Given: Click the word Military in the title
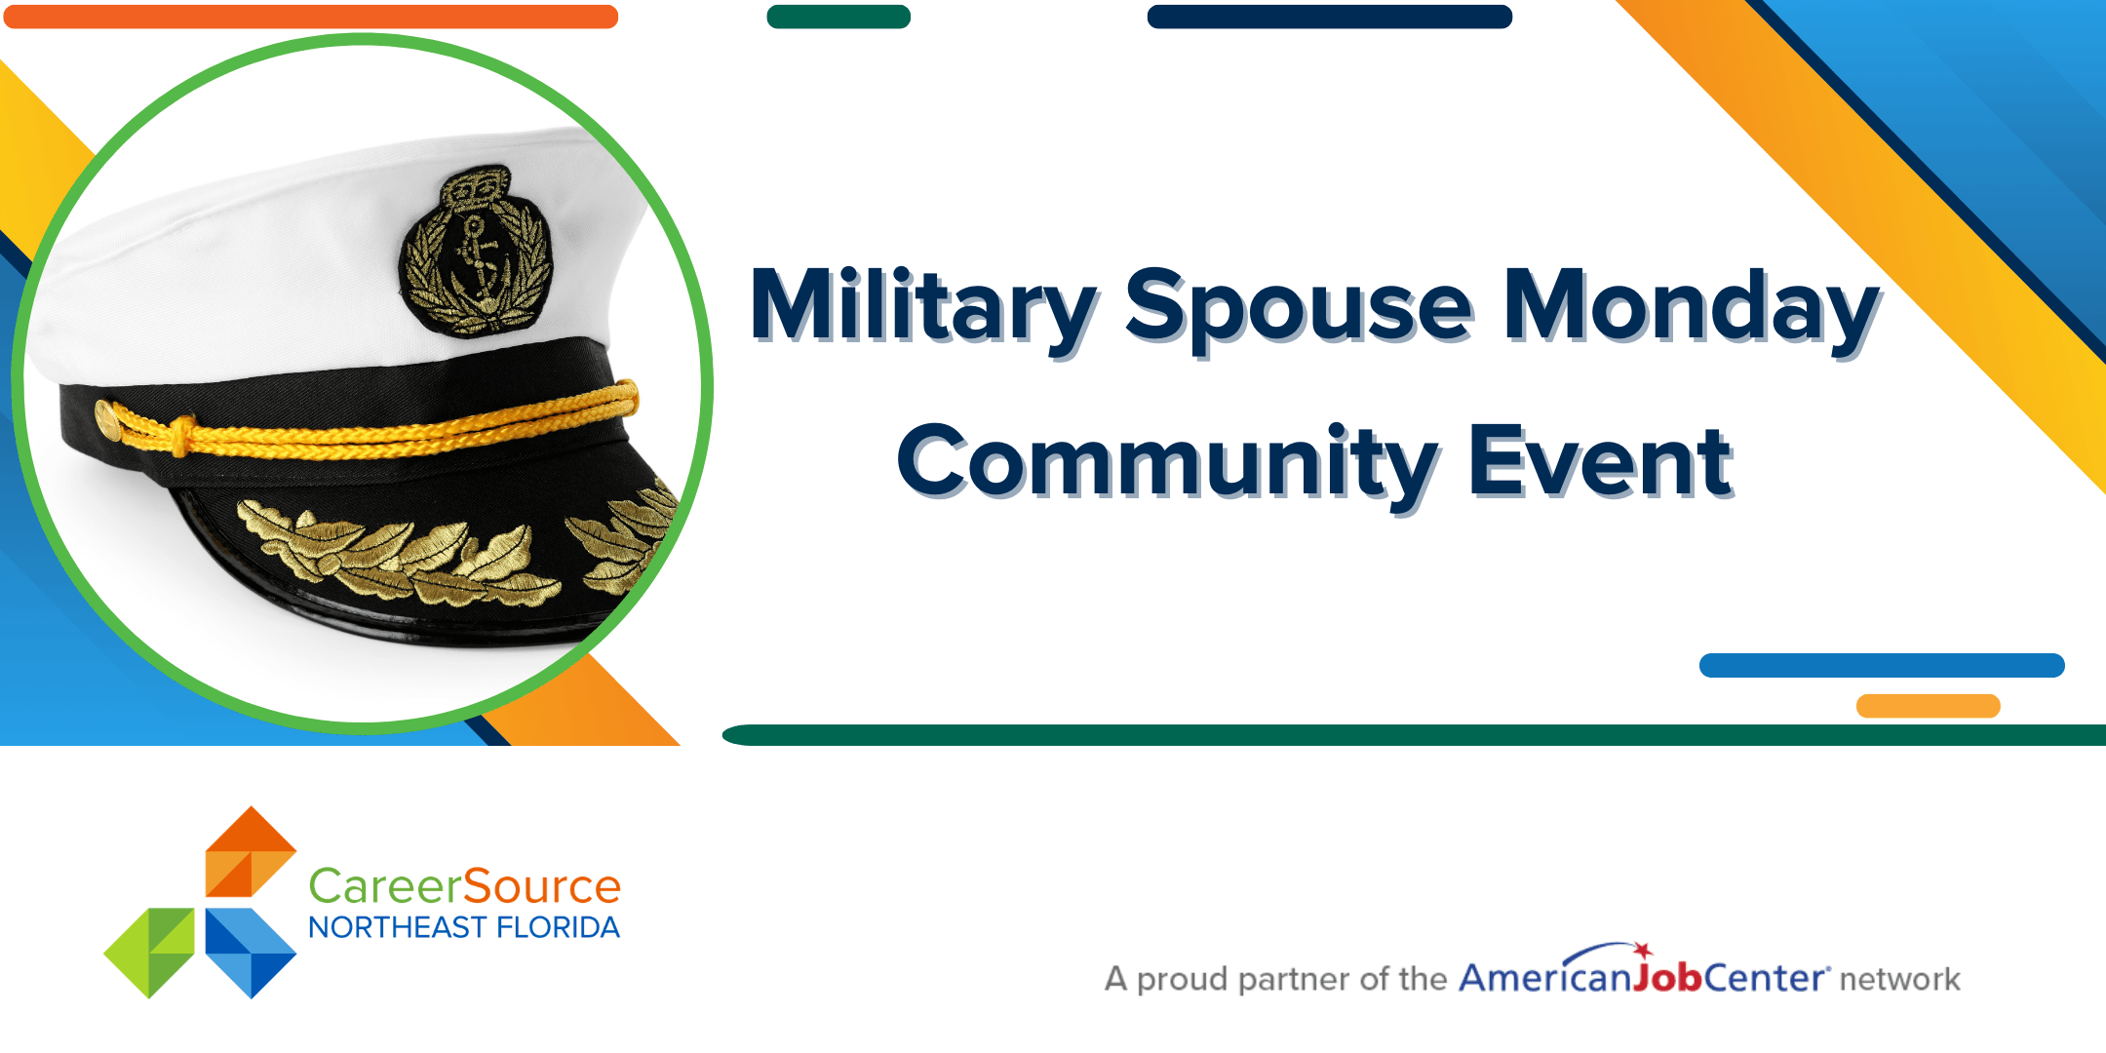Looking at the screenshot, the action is (x=924, y=306).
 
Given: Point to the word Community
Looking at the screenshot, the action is (x=1168, y=463).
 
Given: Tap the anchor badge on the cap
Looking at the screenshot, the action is (x=476, y=252).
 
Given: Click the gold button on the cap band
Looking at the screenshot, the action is (x=107, y=421).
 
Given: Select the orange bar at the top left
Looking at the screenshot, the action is (x=311, y=17).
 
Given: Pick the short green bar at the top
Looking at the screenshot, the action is (x=838, y=17).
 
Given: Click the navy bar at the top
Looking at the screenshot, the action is (x=1330, y=17).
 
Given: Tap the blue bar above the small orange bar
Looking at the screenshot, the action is (x=1882, y=665).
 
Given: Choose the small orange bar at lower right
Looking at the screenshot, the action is (x=1929, y=706).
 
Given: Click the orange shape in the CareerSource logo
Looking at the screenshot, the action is (x=251, y=851).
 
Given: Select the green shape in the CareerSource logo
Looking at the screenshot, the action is (x=149, y=953).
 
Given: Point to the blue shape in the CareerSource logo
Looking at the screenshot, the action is (x=251, y=953).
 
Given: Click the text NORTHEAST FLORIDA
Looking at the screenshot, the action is (x=464, y=927).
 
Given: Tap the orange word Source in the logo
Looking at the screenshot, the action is (x=541, y=886).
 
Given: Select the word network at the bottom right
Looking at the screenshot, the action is (x=1899, y=979).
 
